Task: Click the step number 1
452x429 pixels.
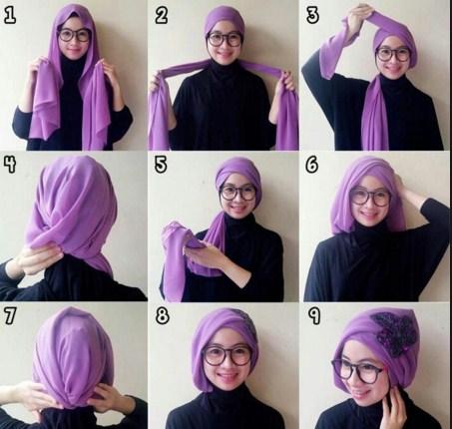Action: pyautogui.click(x=10, y=15)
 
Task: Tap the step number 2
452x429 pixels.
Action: pyautogui.click(x=162, y=15)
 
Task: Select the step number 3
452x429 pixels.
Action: pyautogui.click(x=312, y=15)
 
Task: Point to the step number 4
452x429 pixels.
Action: pyautogui.click(x=10, y=165)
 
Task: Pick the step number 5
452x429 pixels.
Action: pyautogui.click(x=161, y=165)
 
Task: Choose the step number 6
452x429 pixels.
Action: pyautogui.click(x=312, y=165)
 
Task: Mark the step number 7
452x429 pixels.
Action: pyautogui.click(x=10, y=315)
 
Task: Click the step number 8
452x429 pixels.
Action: pyautogui.click(x=162, y=315)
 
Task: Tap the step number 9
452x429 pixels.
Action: pyautogui.click(x=314, y=315)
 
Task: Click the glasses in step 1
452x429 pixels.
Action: pyautogui.click(x=74, y=35)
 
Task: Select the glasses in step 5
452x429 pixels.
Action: pyautogui.click(x=237, y=194)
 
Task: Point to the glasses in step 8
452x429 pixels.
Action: pyautogui.click(x=227, y=355)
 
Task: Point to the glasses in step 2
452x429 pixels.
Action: pyautogui.click(x=225, y=39)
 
